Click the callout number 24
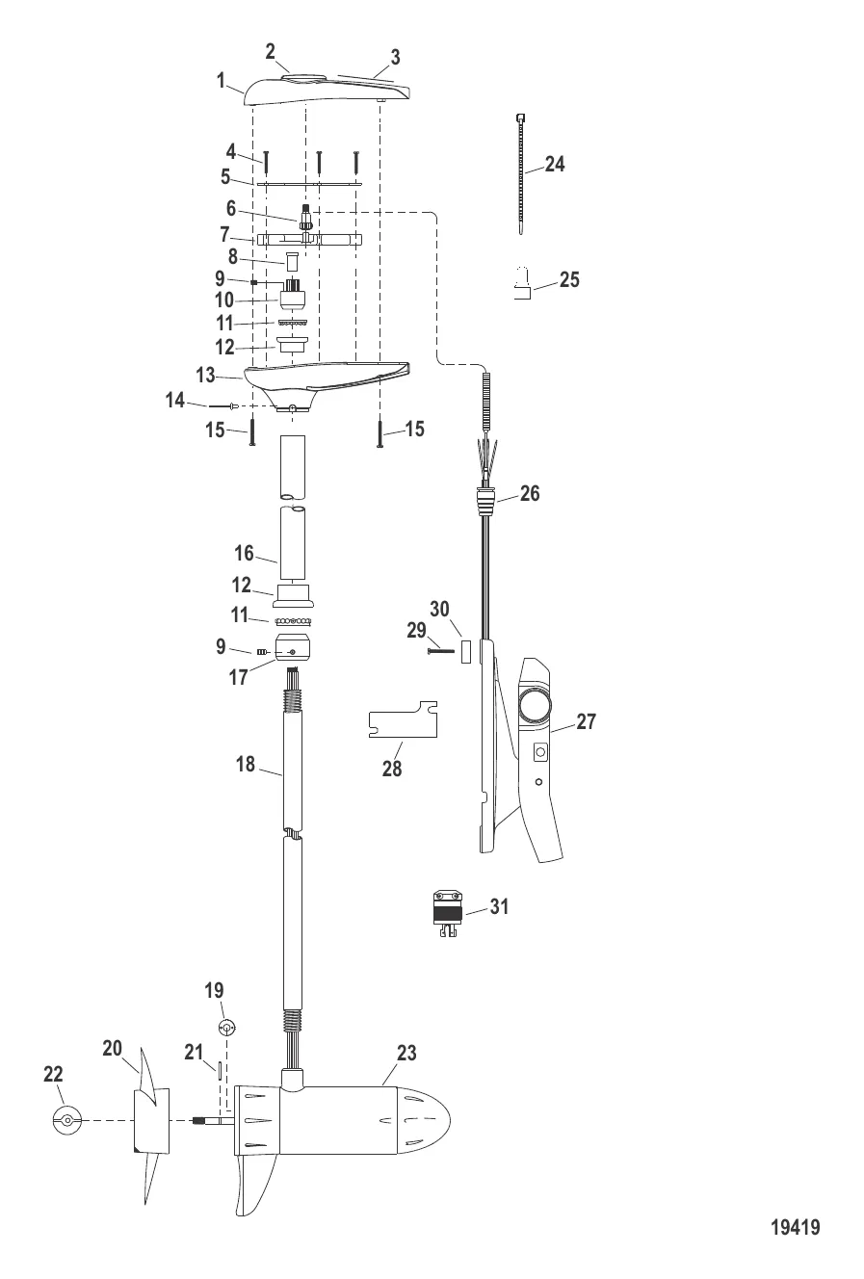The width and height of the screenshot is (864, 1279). point(554,165)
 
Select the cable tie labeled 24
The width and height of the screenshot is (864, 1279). point(522,173)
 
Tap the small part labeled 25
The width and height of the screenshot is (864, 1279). point(522,290)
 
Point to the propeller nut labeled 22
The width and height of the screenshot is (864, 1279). point(65,1121)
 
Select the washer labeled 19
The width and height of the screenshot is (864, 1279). point(227,1027)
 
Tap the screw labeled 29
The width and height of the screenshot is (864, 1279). point(440,651)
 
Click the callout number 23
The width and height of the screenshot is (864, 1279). point(406,1054)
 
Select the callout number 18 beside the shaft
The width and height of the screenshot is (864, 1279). point(246,764)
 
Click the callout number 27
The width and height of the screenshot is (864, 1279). point(586,721)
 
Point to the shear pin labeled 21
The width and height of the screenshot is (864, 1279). point(221,1070)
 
